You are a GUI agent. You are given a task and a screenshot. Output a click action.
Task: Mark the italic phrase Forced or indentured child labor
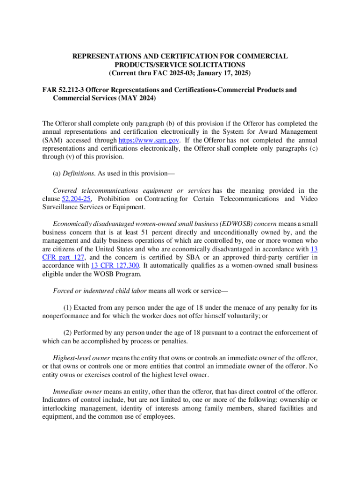coord(100,291)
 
